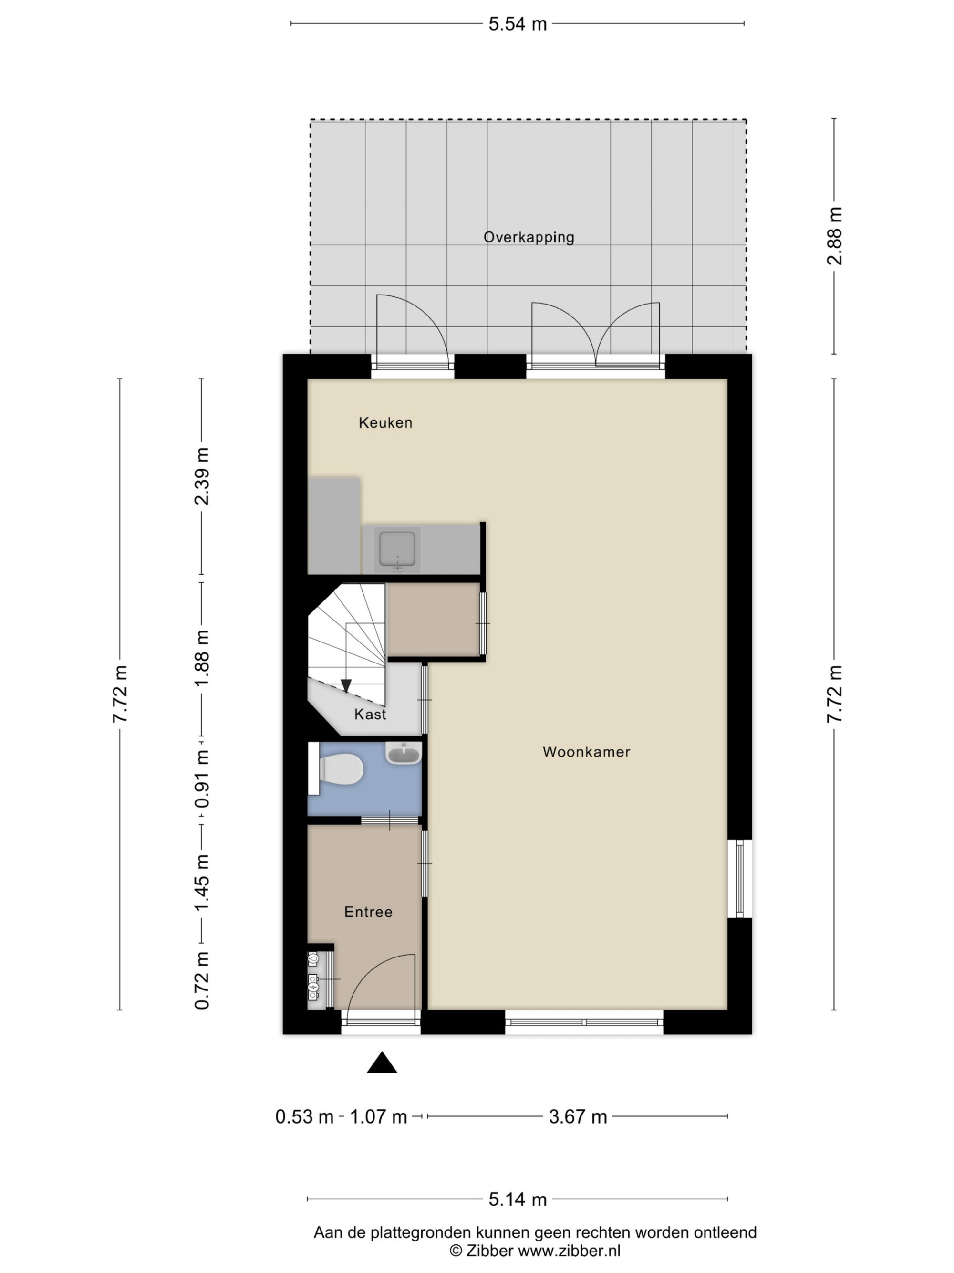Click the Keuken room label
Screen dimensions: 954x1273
point(385,423)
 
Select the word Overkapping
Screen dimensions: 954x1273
point(529,237)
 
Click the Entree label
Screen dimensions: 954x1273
point(368,912)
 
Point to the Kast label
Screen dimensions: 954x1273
point(370,714)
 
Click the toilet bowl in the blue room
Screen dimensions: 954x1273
point(342,769)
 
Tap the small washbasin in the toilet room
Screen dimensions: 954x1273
point(404,753)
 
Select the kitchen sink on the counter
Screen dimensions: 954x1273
point(396,551)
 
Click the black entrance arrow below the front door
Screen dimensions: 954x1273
point(382,1063)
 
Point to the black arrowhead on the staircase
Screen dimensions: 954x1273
point(346,685)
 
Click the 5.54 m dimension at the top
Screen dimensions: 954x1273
point(518,24)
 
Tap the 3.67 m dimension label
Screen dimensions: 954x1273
point(578,1117)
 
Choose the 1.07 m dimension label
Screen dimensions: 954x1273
point(378,1117)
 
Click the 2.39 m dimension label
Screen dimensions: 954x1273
point(202,476)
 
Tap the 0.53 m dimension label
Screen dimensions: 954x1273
point(304,1117)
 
